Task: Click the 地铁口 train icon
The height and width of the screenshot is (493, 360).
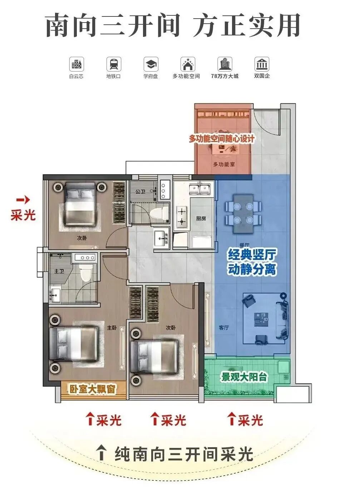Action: point(114,65)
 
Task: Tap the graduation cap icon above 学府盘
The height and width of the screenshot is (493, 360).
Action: point(151,65)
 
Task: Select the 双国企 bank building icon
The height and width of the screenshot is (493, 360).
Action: point(262,65)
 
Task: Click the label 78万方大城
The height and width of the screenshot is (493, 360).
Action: point(225,76)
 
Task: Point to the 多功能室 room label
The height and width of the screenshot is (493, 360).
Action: point(224,165)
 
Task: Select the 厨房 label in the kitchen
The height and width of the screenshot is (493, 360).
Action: point(201,219)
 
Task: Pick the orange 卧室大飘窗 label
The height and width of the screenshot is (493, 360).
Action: point(93,389)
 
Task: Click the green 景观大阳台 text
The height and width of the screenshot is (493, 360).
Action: point(244,377)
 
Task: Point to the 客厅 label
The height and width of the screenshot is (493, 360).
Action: point(224,327)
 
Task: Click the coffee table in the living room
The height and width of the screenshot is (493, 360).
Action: point(262,319)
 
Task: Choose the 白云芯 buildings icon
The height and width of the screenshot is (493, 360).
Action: point(77,65)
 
